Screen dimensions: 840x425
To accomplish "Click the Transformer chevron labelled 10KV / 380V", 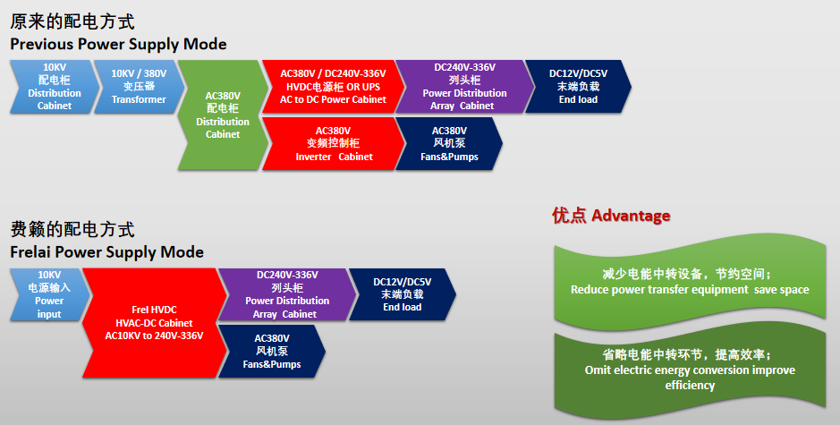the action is tap(140, 86).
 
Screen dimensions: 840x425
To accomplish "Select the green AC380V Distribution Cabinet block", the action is tap(223, 115).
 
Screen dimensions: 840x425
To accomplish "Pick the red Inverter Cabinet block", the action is tap(333, 144).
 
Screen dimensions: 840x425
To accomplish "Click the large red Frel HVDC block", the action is tap(154, 323).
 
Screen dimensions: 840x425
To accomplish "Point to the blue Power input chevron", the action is tap(49, 294).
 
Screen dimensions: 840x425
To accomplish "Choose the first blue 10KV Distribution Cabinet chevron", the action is tap(55, 86).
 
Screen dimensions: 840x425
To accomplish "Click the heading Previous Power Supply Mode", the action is tap(118, 44).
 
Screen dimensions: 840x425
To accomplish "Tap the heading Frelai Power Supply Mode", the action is tap(107, 252).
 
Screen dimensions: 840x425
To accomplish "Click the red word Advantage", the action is tap(631, 216).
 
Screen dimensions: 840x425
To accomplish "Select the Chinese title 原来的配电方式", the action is tap(72, 21).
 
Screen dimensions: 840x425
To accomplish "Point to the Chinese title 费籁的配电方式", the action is tap(72, 229).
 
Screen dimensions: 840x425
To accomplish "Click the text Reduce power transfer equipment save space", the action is tap(690, 290).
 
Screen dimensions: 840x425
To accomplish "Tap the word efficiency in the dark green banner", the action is tap(690, 386).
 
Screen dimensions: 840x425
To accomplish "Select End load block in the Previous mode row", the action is tap(578, 86).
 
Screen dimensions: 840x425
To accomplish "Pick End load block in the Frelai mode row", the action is tap(403, 294).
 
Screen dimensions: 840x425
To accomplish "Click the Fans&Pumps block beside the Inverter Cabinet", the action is tap(449, 144).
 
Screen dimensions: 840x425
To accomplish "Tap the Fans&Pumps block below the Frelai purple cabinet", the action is tap(272, 351).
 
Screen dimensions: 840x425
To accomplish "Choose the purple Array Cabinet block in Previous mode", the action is tap(464, 86).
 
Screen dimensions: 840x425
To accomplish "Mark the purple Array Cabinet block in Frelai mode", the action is tap(287, 294).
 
